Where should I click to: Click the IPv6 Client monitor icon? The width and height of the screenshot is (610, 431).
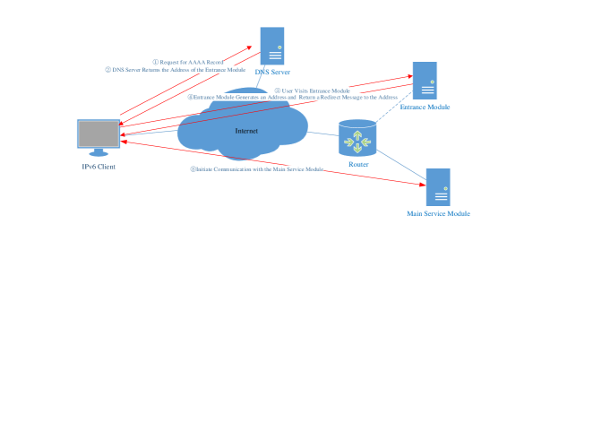99,134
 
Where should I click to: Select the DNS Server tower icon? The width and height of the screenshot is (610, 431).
272,45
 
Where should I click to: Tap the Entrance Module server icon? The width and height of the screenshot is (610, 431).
425,80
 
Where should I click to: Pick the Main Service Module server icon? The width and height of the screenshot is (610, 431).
438,187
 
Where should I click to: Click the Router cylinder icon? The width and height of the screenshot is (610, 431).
357,139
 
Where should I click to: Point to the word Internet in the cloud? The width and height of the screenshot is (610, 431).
246,131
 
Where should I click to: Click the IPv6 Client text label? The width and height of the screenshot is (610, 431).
99,167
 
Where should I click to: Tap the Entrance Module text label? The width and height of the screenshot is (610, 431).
425,107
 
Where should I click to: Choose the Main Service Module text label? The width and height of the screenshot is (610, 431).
438,214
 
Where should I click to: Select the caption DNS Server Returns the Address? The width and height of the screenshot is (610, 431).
176,69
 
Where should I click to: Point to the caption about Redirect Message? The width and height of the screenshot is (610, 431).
292,97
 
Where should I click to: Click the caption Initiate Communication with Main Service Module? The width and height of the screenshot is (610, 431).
257,168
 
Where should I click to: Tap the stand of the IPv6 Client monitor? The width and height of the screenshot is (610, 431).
99,152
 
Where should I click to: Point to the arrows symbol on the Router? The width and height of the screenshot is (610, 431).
357,142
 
